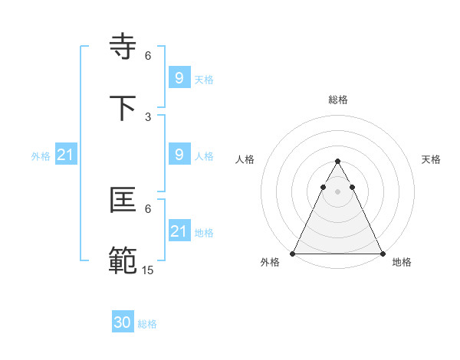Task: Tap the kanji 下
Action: [x=124, y=108]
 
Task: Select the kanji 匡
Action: [x=124, y=201]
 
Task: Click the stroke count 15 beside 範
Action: [x=148, y=270]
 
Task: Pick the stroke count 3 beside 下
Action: [x=148, y=116]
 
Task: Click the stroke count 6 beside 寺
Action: [x=148, y=56]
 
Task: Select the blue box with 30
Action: [x=123, y=323]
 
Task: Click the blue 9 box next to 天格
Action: [x=179, y=78]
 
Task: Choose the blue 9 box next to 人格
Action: [x=179, y=155]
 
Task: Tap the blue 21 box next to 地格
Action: [x=179, y=231]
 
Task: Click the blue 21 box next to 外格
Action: [x=66, y=155]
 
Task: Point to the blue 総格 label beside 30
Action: [x=147, y=324]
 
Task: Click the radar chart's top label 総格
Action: [x=337, y=100]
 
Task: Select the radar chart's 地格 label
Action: [x=402, y=263]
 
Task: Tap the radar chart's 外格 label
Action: [x=270, y=263]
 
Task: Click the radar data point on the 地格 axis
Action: [x=382, y=254]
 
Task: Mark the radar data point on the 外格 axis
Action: [x=293, y=254]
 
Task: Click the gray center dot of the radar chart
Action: [x=337, y=191]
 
